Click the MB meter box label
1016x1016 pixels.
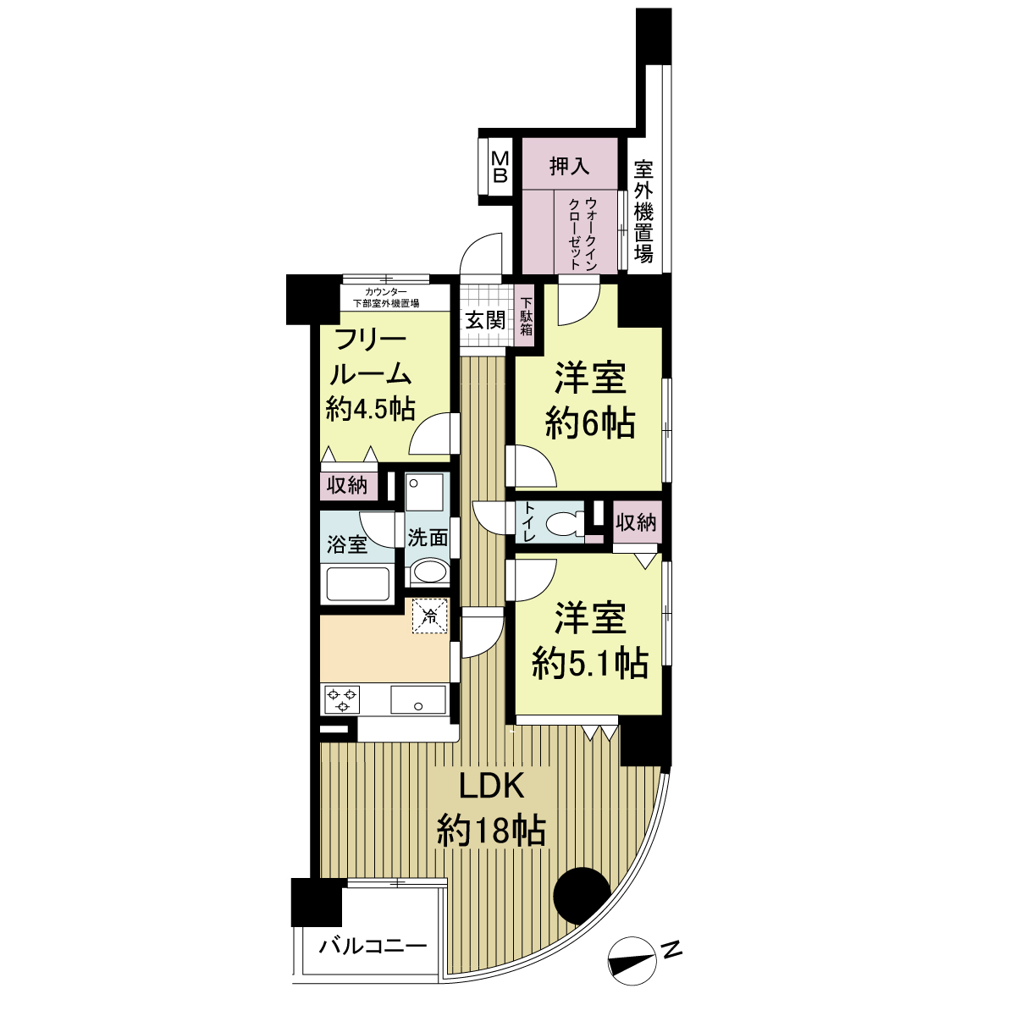coord(500,167)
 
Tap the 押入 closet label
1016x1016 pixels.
coord(569,166)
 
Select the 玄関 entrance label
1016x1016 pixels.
coord(485,320)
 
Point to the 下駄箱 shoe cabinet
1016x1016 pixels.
coord(526,317)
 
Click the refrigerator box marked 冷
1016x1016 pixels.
coord(430,615)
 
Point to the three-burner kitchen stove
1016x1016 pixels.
coord(343,699)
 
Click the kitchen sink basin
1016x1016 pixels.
coord(418,699)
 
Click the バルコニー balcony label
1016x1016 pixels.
coord(373,947)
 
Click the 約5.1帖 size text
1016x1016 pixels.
coord(589,663)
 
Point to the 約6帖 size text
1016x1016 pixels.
coord(589,422)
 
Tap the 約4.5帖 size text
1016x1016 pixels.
coord(371,409)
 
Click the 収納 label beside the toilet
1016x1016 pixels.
coord(637,522)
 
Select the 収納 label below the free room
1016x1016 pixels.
coord(346,485)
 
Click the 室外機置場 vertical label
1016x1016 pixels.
coord(643,212)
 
